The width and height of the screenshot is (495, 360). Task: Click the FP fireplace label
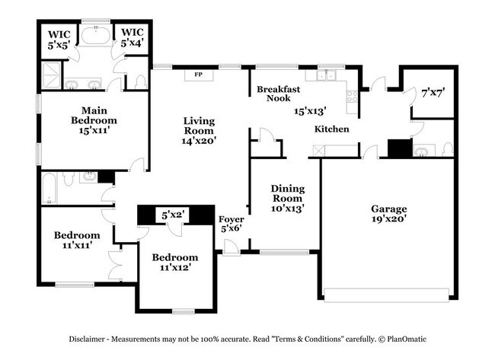pyautogui.click(x=199, y=75)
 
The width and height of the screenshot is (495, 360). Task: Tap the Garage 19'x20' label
pyautogui.click(x=388, y=214)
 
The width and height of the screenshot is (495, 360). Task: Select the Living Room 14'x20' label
pyautogui.click(x=199, y=130)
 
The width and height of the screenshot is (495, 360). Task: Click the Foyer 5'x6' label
pyautogui.click(x=232, y=224)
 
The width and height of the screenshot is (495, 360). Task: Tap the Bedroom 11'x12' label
pyautogui.click(x=174, y=262)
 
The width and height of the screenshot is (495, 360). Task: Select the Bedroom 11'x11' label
pyautogui.click(x=77, y=241)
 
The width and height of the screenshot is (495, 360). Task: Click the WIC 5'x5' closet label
pyautogui.click(x=60, y=39)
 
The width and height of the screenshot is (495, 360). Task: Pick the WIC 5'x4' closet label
pyautogui.click(x=132, y=39)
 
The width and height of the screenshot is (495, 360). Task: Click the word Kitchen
pyautogui.click(x=332, y=129)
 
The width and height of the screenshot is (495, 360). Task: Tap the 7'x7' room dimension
pyautogui.click(x=433, y=93)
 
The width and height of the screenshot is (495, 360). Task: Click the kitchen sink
pyautogui.click(x=327, y=75)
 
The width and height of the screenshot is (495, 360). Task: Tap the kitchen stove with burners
pyautogui.click(x=352, y=96)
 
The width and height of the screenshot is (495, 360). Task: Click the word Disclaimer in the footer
pyautogui.click(x=91, y=339)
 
